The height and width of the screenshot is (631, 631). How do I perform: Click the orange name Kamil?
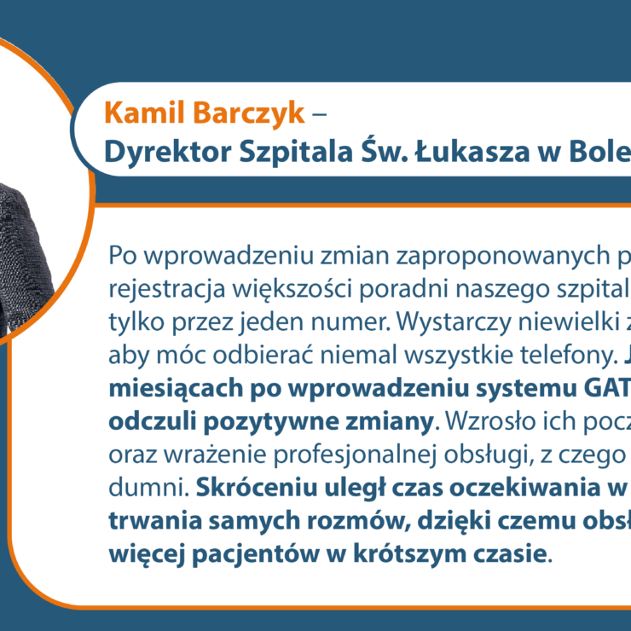click(144, 113)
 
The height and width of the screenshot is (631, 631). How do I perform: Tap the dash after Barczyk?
click(319, 114)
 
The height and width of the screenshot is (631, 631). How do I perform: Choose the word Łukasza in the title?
click(472, 151)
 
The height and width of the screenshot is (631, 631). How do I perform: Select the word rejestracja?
click(166, 290)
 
